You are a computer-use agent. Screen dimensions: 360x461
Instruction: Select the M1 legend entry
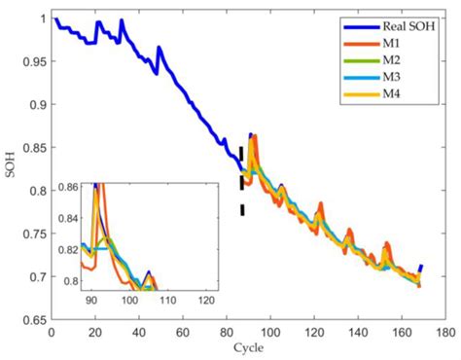(398, 45)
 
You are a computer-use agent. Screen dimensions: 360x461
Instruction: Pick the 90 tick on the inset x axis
(90, 302)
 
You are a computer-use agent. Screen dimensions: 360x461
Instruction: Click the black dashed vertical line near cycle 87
(241, 181)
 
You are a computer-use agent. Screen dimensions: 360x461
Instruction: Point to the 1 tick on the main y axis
(40, 18)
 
